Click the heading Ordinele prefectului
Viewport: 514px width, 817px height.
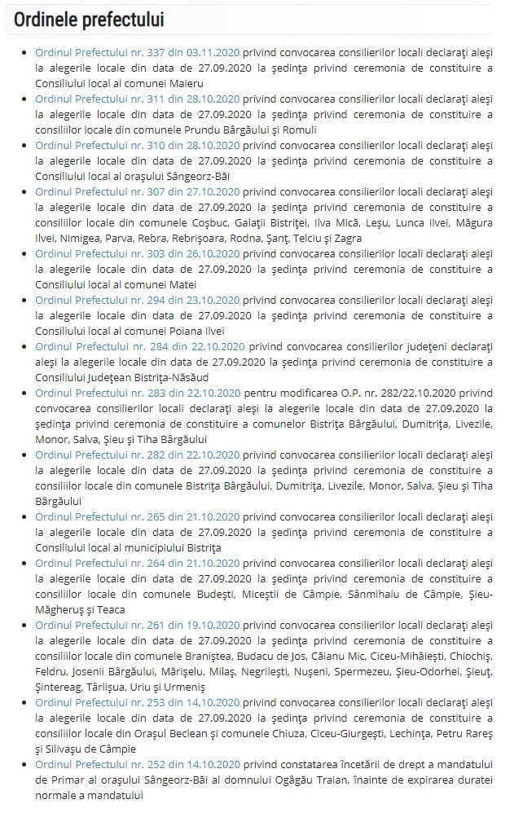pyautogui.click(x=89, y=20)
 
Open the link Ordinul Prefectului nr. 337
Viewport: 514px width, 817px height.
pyautogui.click(x=137, y=53)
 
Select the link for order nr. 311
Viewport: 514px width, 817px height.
pyautogui.click(x=137, y=99)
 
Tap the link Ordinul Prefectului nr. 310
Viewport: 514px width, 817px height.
pyautogui.click(x=137, y=145)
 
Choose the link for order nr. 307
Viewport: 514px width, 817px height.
pyautogui.click(x=137, y=191)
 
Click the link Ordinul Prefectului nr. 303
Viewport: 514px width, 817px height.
pyautogui.click(x=137, y=253)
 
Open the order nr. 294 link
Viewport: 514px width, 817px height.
pyautogui.click(x=137, y=300)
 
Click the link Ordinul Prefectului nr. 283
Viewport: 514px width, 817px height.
pyautogui.click(x=137, y=393)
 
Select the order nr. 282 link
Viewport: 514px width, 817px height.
pyautogui.click(x=137, y=455)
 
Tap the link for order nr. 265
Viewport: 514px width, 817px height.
pyautogui.click(x=137, y=516)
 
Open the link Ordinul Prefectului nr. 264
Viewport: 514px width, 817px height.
pyautogui.click(x=137, y=563)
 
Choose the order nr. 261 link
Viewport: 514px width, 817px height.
pyautogui.click(x=137, y=625)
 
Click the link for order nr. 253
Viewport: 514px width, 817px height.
pyautogui.click(x=137, y=702)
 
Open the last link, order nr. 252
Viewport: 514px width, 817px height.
pyautogui.click(x=137, y=764)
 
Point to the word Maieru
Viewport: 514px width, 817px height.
pyautogui.click(x=186, y=83)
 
